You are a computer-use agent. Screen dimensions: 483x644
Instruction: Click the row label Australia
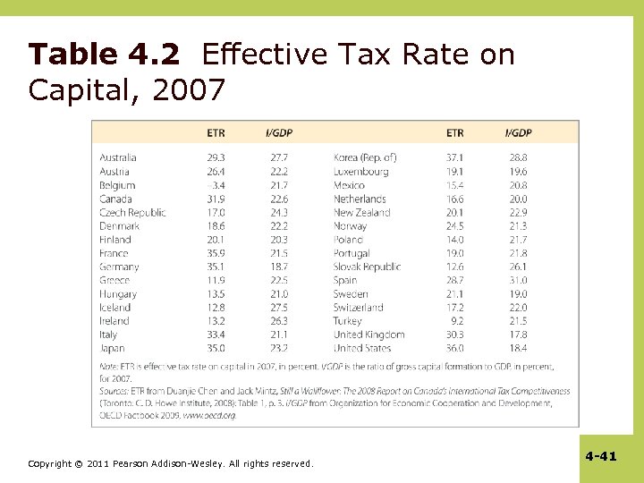point(118,157)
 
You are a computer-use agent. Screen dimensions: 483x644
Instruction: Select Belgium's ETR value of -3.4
point(216,185)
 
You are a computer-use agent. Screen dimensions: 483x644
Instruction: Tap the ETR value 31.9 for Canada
point(216,199)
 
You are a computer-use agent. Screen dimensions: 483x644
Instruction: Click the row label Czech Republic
point(132,213)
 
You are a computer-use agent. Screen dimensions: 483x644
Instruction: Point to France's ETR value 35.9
point(216,253)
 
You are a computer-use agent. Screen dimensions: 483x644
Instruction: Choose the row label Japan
point(113,348)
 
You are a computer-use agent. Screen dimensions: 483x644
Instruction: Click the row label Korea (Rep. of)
point(365,157)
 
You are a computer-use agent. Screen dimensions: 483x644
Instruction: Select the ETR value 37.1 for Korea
point(455,157)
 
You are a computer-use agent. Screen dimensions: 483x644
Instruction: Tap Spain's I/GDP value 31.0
point(517,280)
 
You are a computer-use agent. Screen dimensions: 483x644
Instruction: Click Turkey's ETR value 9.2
point(457,321)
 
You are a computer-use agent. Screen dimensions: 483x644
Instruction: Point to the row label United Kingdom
point(369,335)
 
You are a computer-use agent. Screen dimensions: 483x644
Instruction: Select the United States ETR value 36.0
point(455,348)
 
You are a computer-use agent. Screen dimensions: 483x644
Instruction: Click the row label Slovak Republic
point(367,267)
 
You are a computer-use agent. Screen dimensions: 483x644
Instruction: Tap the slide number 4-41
point(601,456)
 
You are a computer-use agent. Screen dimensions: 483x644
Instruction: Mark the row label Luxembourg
point(360,172)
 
